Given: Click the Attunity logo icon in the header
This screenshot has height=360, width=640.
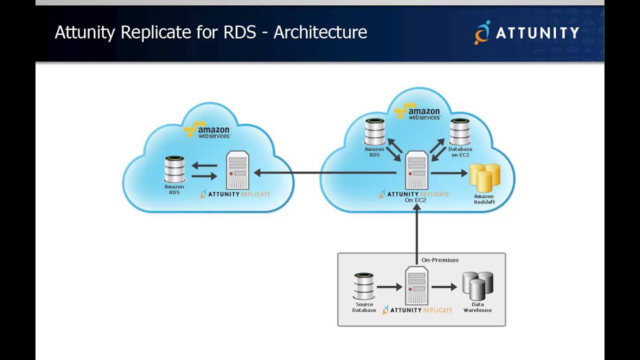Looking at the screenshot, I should tap(482, 32).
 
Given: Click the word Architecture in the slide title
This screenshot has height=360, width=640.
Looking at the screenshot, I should tap(320, 32).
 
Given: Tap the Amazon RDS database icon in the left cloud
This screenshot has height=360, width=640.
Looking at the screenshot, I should tap(174, 169).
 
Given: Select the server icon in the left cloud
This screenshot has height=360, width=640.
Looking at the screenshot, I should tap(237, 171).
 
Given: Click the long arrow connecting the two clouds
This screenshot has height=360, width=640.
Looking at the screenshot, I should tap(325, 173).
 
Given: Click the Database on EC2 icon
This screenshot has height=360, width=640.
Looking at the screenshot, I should tap(460, 131).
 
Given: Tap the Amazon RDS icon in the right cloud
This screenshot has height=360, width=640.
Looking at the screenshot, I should tap(374, 131).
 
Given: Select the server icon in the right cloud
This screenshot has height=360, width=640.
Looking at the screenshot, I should tap(416, 170).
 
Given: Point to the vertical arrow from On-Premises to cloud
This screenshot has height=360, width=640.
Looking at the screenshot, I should tap(416, 232).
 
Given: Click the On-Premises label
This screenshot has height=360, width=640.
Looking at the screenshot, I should tap(440, 260).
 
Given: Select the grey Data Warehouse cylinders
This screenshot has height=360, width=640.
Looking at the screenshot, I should tap(477, 285).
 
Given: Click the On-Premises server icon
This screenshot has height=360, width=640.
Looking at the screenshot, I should tap(416, 285).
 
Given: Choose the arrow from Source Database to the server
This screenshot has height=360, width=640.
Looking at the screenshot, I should tap(389, 287).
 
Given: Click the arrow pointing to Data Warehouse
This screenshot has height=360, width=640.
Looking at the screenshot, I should tap(444, 287).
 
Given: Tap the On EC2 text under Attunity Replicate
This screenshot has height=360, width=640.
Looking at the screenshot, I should tap(415, 200).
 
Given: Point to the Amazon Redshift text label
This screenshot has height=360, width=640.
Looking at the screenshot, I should tap(484, 199).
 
